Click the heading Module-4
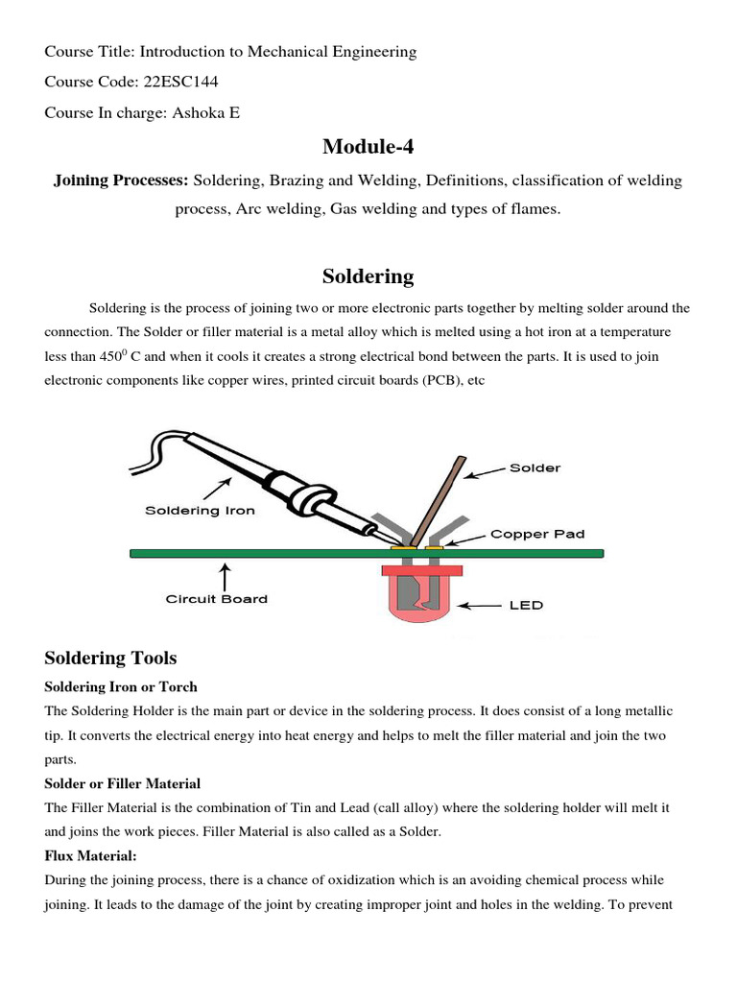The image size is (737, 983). (x=368, y=146)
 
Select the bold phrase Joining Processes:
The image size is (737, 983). (x=121, y=180)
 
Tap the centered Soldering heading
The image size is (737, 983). (x=368, y=277)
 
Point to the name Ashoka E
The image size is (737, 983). (x=205, y=113)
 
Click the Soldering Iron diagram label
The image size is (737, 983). (x=200, y=510)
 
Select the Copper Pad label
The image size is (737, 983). (x=537, y=534)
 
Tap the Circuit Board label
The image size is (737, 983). (x=216, y=599)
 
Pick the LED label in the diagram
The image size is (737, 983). (x=526, y=605)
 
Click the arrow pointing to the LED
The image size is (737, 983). (x=482, y=606)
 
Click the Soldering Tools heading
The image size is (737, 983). (x=110, y=658)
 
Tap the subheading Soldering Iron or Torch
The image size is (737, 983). (x=121, y=687)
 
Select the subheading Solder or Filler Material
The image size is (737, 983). (x=123, y=784)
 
